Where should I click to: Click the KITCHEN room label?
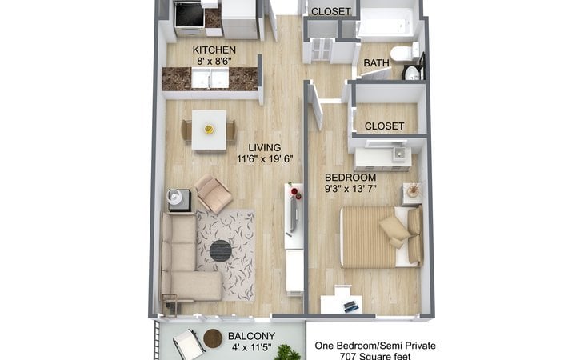pyautogui.click(x=214, y=50)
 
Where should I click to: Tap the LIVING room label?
pyautogui.click(x=265, y=148)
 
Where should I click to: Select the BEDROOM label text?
pyautogui.click(x=350, y=178)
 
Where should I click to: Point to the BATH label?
pyautogui.click(x=376, y=63)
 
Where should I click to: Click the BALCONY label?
pyautogui.click(x=251, y=336)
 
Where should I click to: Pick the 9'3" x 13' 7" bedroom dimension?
pyautogui.click(x=350, y=189)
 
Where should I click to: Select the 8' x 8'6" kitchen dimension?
pyautogui.click(x=214, y=62)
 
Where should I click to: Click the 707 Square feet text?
pyautogui.click(x=375, y=356)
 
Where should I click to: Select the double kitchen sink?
pyautogui.click(x=210, y=78)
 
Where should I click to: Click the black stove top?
pyautogui.click(x=190, y=16)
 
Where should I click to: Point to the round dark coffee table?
pyautogui.click(x=221, y=250)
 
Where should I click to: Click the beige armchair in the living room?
pyautogui.click(x=213, y=194)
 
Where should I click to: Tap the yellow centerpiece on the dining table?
pyautogui.click(x=209, y=129)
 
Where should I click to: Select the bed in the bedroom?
pyautogui.click(x=381, y=237)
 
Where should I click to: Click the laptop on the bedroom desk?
pyautogui.click(x=351, y=306)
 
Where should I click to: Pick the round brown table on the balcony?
pyautogui.click(x=213, y=338)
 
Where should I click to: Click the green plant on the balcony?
pyautogui.click(x=287, y=352)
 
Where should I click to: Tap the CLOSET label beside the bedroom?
pyautogui.click(x=384, y=126)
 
